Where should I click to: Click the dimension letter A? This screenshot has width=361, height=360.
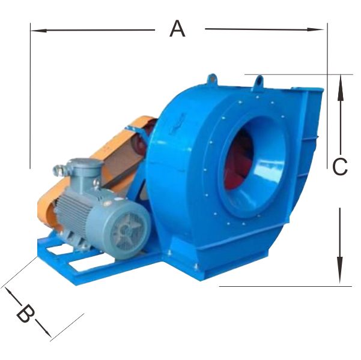[x=177, y=29]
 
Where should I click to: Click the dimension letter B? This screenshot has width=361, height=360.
[x=25, y=313]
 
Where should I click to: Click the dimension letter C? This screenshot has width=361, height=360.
[x=340, y=167]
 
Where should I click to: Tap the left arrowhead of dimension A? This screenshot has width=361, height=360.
[x=38, y=31]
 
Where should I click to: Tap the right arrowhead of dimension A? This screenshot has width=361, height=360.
[x=315, y=29]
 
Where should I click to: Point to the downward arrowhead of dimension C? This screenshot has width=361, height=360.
[x=340, y=270]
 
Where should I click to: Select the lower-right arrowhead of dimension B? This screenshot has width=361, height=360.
[x=47, y=332]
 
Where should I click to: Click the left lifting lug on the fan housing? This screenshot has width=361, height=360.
[x=212, y=79]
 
